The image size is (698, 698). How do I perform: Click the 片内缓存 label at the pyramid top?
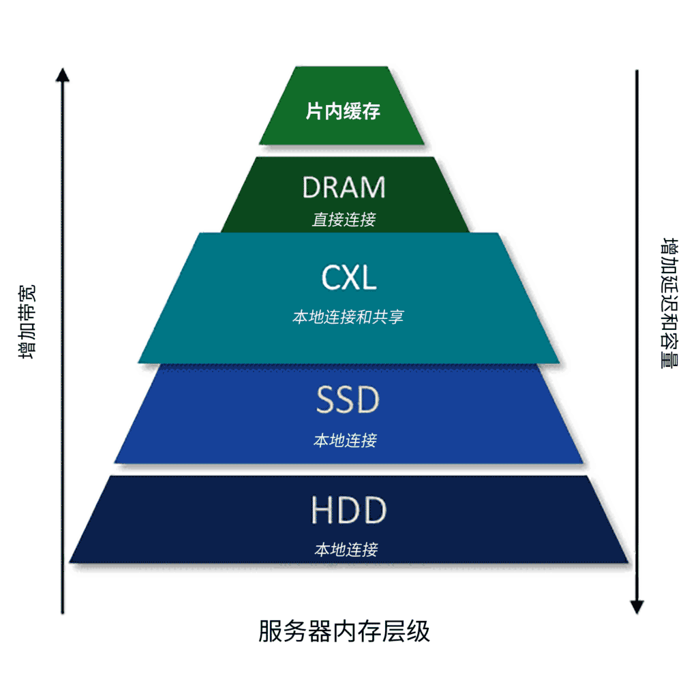(x=342, y=111)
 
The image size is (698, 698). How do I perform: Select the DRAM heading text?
(x=344, y=187)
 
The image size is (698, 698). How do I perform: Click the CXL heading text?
(x=348, y=278)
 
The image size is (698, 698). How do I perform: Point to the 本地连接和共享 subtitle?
(x=348, y=317)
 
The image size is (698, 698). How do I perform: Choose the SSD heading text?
(x=347, y=401)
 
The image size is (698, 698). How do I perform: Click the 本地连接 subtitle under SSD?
(x=345, y=440)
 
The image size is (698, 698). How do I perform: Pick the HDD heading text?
(x=348, y=511)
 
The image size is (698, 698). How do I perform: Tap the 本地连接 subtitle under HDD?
(x=346, y=549)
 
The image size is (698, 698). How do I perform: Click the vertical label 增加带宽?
(x=28, y=321)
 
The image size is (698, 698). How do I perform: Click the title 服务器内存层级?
(x=344, y=631)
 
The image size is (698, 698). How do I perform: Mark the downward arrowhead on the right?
(x=637, y=606)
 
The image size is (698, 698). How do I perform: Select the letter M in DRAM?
(x=371, y=187)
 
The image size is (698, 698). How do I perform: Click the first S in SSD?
(x=325, y=401)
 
